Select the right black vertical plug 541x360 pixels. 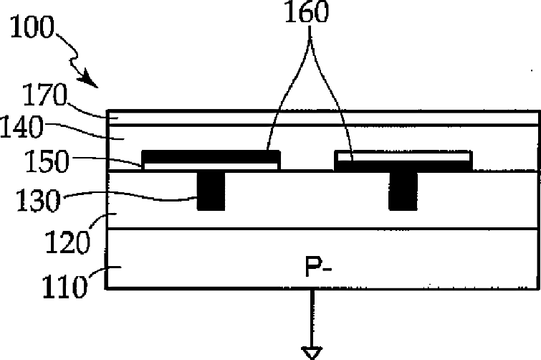pos(402,191)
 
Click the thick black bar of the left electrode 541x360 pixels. pos(211,156)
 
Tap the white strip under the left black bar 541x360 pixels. pos(211,166)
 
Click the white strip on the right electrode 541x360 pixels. pos(403,156)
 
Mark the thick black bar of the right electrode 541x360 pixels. pos(403,166)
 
